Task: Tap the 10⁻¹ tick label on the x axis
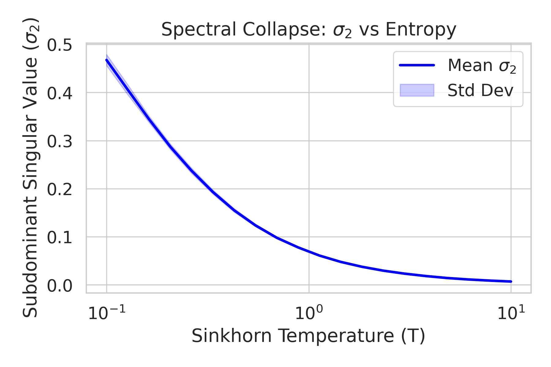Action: [x=107, y=313]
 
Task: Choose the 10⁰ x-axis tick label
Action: [x=309, y=313]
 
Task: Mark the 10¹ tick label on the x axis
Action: [x=511, y=313]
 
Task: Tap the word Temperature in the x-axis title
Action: [x=337, y=336]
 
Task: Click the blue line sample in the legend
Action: [x=417, y=65]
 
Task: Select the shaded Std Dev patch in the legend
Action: [x=417, y=90]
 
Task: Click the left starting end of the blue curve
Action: [x=107, y=60]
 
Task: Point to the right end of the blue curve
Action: [x=511, y=281]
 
